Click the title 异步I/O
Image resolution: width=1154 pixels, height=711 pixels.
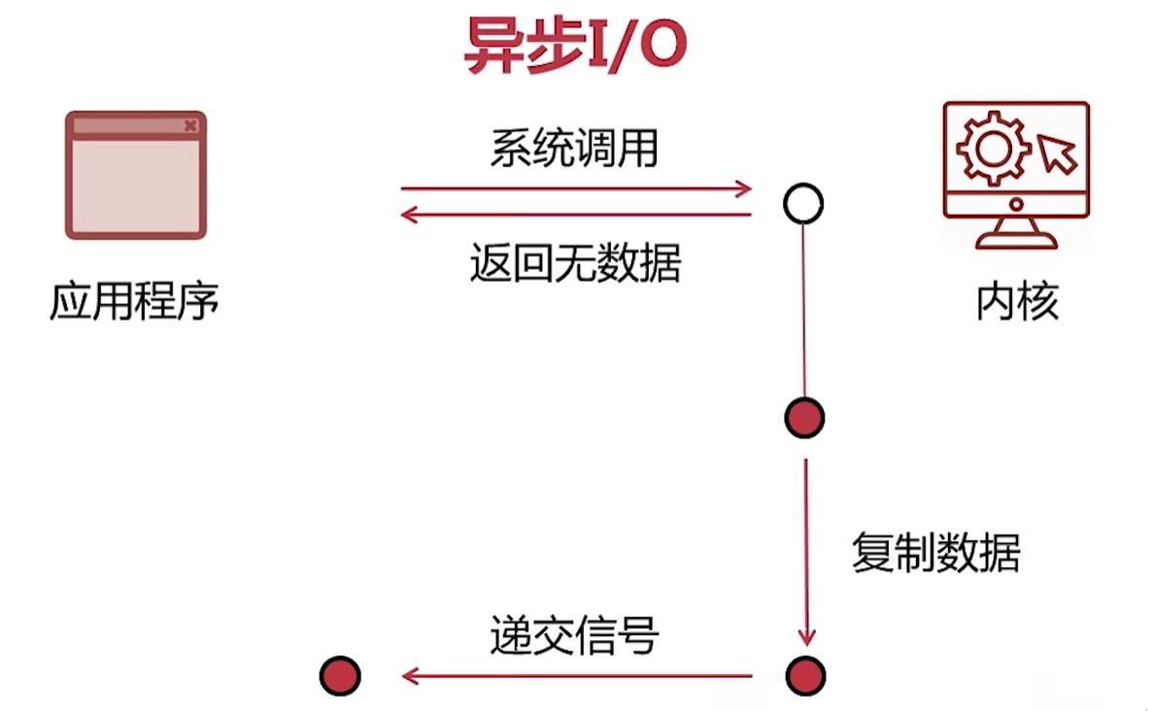click(x=576, y=45)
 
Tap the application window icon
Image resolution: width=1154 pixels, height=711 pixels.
click(x=136, y=176)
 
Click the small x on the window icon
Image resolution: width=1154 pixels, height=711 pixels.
click(x=190, y=125)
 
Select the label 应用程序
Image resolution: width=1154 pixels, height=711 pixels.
click(x=135, y=303)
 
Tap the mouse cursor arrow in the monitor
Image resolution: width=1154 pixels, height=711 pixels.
click(x=1057, y=153)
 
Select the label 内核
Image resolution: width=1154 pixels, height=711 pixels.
click(x=1017, y=303)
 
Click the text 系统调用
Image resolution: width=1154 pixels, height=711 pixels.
click(x=575, y=149)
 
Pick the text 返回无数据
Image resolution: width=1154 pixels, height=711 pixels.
click(x=575, y=262)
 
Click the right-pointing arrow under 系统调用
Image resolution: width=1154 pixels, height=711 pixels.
click(x=577, y=188)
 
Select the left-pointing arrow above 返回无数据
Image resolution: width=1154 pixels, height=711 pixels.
click(x=577, y=215)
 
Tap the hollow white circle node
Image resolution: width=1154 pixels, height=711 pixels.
click(x=803, y=204)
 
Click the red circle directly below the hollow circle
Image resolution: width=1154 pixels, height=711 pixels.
click(x=804, y=418)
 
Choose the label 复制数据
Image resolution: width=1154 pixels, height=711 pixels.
click(x=936, y=554)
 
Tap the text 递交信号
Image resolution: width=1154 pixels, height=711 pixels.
click(x=575, y=636)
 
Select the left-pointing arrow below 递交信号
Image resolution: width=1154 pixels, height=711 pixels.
click(x=577, y=675)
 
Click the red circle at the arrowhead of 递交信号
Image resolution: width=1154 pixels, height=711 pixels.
click(x=340, y=675)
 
